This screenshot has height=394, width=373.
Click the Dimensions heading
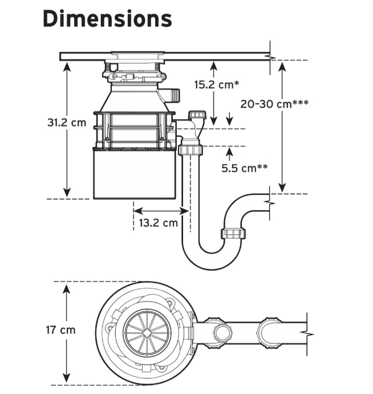[x=107, y=19]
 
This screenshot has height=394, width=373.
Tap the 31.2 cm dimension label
[x=67, y=123]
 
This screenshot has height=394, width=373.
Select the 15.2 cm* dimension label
[x=217, y=84]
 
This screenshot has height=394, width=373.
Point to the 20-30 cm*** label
[x=274, y=104]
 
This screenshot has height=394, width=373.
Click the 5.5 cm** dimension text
[x=245, y=168]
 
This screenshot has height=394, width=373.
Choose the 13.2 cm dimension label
[x=159, y=222]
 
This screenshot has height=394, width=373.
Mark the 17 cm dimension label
[x=61, y=330]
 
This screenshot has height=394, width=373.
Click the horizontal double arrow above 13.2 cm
[x=161, y=211]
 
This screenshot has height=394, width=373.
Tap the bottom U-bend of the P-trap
[x=212, y=261]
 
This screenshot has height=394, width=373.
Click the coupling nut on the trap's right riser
[x=233, y=233]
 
